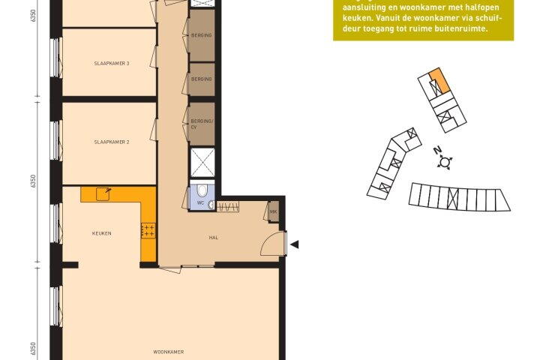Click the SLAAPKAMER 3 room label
[112, 64]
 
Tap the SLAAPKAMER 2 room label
[112, 142]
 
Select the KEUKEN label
[102, 233]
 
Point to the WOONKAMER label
[169, 352]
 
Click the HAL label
[214, 237]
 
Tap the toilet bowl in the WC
[202, 190]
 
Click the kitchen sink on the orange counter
[103, 194]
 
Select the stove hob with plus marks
[148, 230]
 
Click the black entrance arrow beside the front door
[295, 244]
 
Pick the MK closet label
[274, 211]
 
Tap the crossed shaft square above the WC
[202, 163]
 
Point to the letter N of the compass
[437, 150]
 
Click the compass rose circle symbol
[445, 162]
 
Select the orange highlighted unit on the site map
[440, 80]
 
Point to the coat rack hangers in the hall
[228, 207]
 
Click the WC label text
[201, 202]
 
